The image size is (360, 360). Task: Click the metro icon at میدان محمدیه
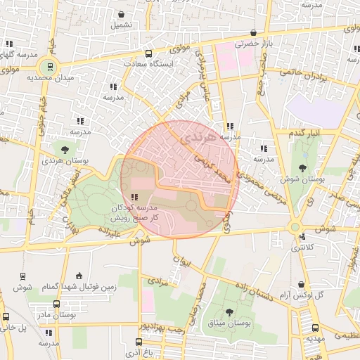point(49,67)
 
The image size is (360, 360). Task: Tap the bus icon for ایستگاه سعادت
point(148,53)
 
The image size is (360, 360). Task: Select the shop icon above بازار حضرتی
point(253,32)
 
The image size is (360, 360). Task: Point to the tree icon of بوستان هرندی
point(65,150)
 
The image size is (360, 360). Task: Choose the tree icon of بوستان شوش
point(302,167)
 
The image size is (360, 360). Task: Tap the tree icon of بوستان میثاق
point(230,311)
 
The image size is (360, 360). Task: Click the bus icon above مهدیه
point(314,327)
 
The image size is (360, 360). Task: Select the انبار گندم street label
point(304,132)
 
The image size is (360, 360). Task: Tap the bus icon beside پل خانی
point(6,317)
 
